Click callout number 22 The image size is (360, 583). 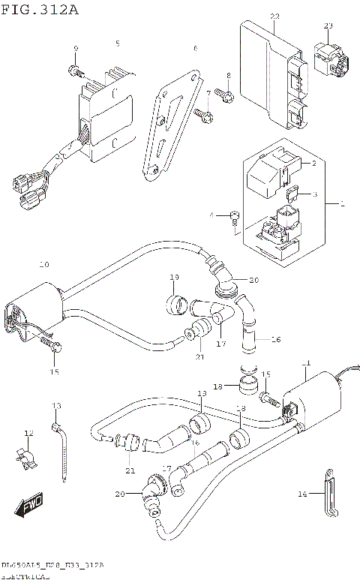274,17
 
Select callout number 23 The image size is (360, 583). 328,27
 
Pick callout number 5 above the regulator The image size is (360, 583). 117,44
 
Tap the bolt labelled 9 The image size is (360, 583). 75,71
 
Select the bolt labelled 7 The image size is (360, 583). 201,115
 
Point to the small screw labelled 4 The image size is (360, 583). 235,218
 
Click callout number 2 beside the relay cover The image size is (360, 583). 314,163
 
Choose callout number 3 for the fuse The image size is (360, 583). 315,194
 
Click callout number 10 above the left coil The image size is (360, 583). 43,265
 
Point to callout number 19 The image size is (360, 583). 174,278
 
